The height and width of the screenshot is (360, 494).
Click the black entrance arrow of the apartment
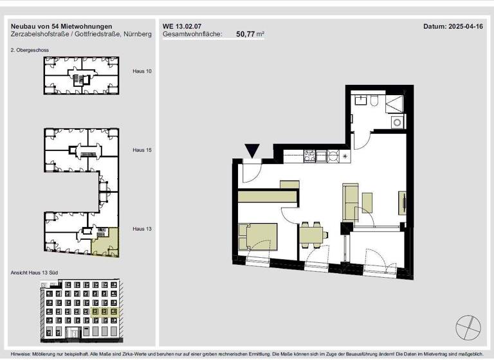[x=253, y=150]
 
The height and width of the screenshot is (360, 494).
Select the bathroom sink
[x=360, y=100]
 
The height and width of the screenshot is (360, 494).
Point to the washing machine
[x=397, y=121]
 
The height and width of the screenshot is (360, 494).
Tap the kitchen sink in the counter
[x=333, y=155]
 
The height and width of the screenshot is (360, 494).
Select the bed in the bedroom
[x=257, y=236]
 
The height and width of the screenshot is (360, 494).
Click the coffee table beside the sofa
[x=367, y=202]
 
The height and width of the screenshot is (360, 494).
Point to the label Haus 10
[x=142, y=71]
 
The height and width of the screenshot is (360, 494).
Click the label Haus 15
[x=142, y=150]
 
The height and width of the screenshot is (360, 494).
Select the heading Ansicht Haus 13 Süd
[x=34, y=273]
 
